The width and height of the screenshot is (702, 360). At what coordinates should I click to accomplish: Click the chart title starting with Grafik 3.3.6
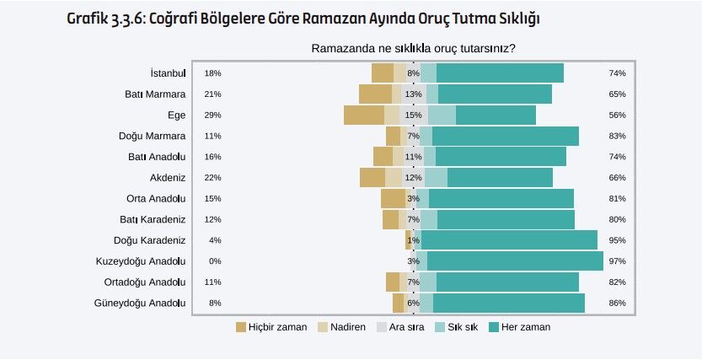[x=303, y=18]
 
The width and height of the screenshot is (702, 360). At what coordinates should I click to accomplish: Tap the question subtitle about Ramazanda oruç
[x=413, y=49]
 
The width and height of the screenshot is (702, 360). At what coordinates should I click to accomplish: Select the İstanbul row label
[x=168, y=73]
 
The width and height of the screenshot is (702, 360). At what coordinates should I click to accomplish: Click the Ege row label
[x=176, y=115]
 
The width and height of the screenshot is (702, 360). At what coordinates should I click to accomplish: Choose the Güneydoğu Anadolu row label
[x=139, y=303]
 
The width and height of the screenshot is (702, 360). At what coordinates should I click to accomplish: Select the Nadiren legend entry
[x=341, y=327]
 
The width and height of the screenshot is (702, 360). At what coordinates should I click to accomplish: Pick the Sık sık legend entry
[x=456, y=327]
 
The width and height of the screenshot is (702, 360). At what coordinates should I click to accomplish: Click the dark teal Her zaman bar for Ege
[x=496, y=115]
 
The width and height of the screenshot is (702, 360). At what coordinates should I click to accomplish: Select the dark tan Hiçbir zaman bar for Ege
[x=363, y=115]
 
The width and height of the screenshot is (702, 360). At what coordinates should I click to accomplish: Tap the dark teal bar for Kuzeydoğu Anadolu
[x=515, y=261]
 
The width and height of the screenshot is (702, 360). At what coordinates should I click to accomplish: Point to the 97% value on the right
[x=617, y=261]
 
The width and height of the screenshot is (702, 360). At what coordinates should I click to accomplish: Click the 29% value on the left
[x=212, y=115]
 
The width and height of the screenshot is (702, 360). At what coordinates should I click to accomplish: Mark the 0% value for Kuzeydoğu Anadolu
[x=214, y=261]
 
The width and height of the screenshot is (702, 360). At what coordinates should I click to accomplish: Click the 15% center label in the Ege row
[x=413, y=115]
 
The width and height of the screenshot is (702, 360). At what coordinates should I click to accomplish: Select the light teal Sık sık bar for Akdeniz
[x=436, y=177]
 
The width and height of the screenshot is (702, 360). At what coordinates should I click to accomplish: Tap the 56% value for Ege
[x=617, y=115]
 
